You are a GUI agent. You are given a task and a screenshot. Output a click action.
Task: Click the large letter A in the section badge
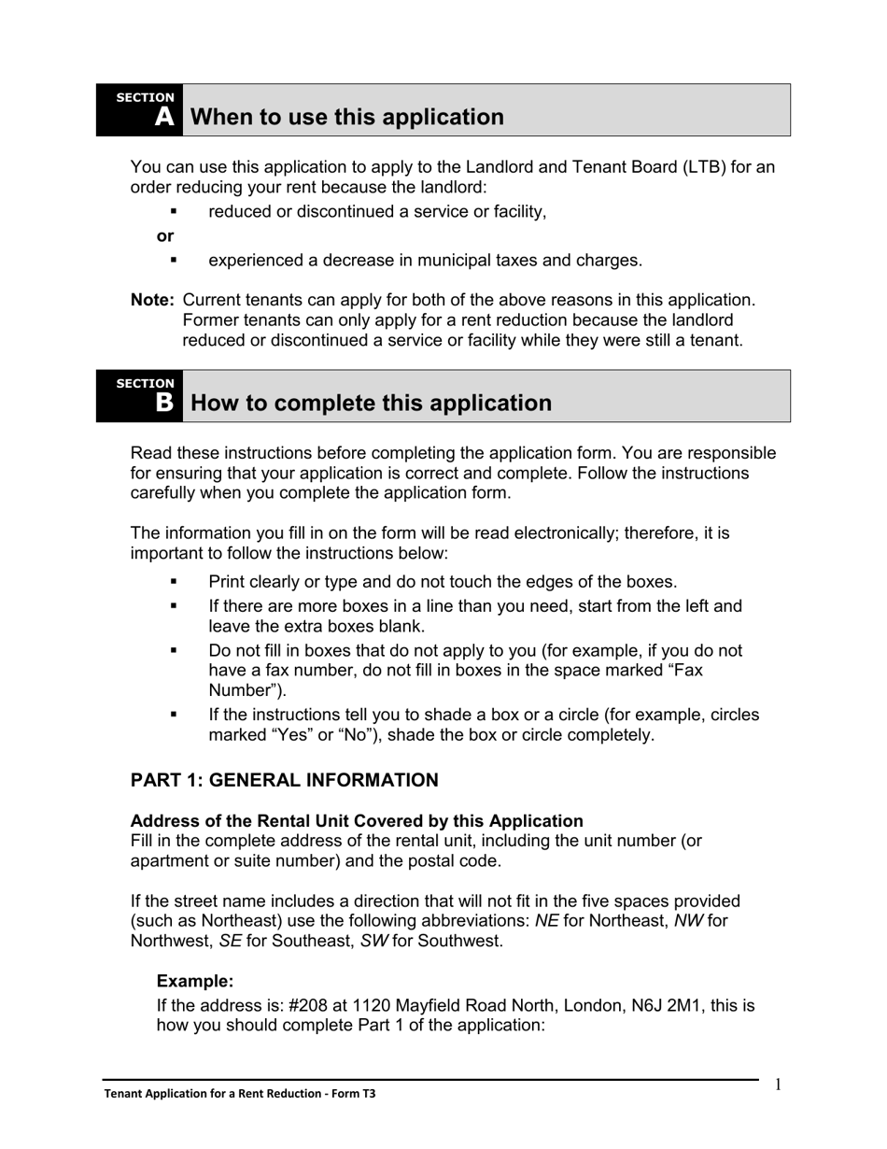click(164, 117)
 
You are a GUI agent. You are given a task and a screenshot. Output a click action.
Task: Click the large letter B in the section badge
click(164, 403)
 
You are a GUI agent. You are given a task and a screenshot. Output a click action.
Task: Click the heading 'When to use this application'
click(346, 117)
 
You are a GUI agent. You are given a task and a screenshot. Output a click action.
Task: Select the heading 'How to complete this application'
click(371, 403)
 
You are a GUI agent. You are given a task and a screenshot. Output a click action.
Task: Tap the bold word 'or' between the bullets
click(165, 235)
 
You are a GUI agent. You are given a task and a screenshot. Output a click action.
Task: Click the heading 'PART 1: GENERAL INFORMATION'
click(284, 780)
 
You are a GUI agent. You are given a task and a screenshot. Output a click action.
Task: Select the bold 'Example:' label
click(194, 981)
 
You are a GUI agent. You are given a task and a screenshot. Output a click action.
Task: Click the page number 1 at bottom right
click(778, 1085)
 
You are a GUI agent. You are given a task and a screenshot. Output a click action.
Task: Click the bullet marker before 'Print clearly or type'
click(174, 581)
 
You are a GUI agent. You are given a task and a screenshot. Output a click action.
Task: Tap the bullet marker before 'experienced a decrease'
click(174, 260)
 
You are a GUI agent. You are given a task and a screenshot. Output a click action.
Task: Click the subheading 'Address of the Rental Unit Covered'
click(356, 820)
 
